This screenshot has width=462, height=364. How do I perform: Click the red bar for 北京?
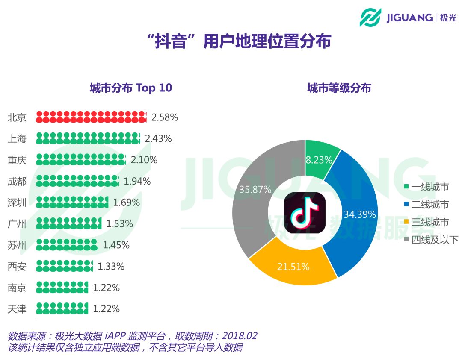pyautogui.click(x=91, y=117)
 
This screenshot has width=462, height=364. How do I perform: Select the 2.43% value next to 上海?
pyautogui.click(x=158, y=138)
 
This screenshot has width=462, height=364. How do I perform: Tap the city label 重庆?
pyautogui.click(x=17, y=160)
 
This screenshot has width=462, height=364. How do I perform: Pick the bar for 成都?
pyautogui.click(x=77, y=181)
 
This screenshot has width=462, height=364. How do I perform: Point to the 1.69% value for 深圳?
pyautogui.click(x=126, y=203)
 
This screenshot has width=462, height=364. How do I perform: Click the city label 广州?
pyautogui.click(x=17, y=223)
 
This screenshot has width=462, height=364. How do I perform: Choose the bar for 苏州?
pyautogui.click(x=67, y=245)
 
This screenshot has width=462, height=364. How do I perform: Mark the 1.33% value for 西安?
pyautogui.click(x=111, y=266)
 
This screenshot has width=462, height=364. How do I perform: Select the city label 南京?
pyautogui.click(x=17, y=288)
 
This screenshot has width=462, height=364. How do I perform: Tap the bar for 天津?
pyautogui.click(x=62, y=308)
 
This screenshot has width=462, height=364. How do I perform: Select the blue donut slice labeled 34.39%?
pyautogui.click(x=358, y=214)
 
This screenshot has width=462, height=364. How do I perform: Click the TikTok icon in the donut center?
pyautogui.click(x=305, y=213)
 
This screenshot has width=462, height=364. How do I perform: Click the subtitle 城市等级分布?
pyautogui.click(x=339, y=88)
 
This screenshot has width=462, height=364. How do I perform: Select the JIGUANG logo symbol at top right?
pyautogui.click(x=370, y=18)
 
